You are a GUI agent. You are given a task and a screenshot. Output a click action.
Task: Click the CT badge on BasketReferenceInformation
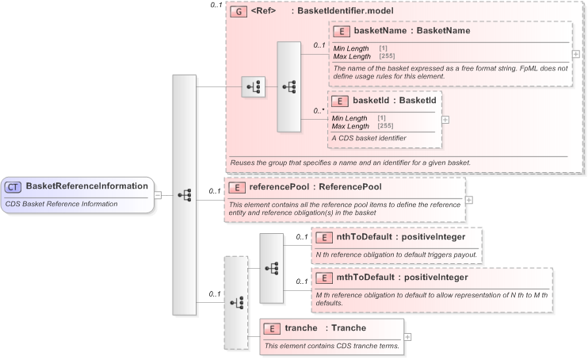pyautogui.click(x=13, y=186)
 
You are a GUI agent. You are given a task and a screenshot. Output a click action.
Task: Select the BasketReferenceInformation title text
pyautogui.click(x=86, y=186)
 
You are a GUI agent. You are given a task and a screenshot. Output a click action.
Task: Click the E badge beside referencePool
pyautogui.click(x=237, y=188)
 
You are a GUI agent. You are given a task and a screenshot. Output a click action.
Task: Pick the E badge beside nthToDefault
pyautogui.click(x=324, y=236)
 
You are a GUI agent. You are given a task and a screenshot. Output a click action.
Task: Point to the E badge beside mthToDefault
pyautogui.click(x=324, y=278)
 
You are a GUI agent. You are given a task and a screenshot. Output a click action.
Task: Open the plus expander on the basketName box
pyautogui.click(x=575, y=54)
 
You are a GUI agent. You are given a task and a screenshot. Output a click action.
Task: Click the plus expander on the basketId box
pyautogui.click(x=445, y=120)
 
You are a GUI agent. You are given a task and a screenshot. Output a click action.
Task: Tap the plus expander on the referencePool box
pyautogui.click(x=469, y=199)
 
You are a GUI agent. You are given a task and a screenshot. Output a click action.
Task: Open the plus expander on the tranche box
pyautogui.click(x=407, y=336)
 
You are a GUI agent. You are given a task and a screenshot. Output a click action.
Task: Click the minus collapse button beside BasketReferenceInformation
pyautogui.click(x=158, y=194)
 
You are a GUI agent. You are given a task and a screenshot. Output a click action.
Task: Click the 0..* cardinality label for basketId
pyautogui.click(x=319, y=111)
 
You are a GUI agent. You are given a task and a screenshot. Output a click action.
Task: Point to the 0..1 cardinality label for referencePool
pyautogui.click(x=214, y=191)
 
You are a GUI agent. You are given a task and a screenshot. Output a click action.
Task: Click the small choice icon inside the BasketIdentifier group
pyautogui.click(x=253, y=87)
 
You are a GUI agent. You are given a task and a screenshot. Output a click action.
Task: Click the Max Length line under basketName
pyautogui.click(x=351, y=56)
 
